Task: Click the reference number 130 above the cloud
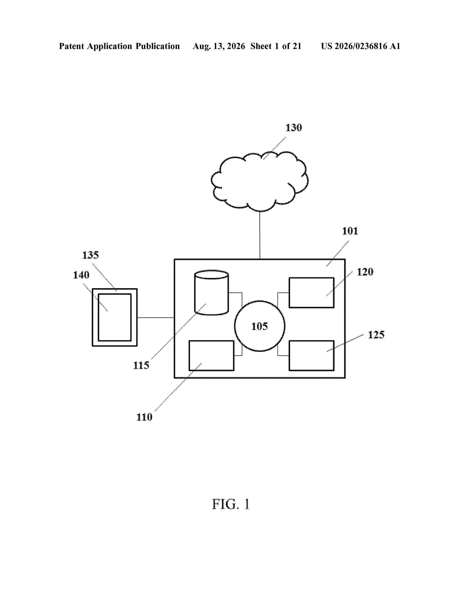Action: pyautogui.click(x=293, y=128)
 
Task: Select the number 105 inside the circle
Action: pyautogui.click(x=259, y=326)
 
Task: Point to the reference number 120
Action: pyautogui.click(x=365, y=272)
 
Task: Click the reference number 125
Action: pyautogui.click(x=376, y=335)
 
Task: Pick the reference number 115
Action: pyautogui.click(x=141, y=365)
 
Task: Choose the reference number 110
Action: pyautogui.click(x=144, y=417)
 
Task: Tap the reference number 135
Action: pyautogui.click(x=90, y=255)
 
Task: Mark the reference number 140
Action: pyautogui.click(x=81, y=275)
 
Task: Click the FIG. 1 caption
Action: pyautogui.click(x=231, y=505)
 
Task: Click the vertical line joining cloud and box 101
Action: pyautogui.click(x=259, y=235)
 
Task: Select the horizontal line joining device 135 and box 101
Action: pyautogui.click(x=156, y=318)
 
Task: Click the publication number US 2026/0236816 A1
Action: pyautogui.click(x=361, y=46)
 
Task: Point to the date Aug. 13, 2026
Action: pyautogui.click(x=219, y=46)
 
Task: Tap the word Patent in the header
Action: pyautogui.click(x=71, y=46)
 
